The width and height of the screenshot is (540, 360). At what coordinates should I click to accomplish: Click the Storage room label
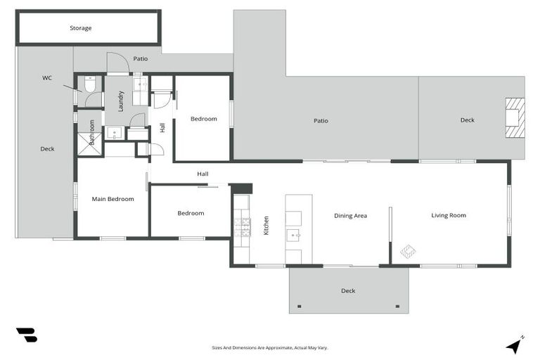(80, 28)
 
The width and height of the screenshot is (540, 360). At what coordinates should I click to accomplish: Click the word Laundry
(121, 101)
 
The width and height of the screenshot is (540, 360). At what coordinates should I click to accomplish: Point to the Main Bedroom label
(112, 199)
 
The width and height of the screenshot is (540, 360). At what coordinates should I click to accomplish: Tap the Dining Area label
(350, 215)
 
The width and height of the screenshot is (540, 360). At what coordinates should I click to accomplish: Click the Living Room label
(449, 215)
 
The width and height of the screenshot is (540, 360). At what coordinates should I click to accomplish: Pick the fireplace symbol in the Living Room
(407, 250)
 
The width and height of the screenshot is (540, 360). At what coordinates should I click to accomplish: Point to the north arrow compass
(515, 345)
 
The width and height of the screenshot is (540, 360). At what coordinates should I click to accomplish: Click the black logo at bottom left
(26, 335)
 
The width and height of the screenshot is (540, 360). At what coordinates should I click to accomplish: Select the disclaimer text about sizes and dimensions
(270, 347)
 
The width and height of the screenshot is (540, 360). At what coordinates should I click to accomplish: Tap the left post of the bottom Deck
(300, 306)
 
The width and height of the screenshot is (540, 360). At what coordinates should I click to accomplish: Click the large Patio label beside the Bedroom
(321, 121)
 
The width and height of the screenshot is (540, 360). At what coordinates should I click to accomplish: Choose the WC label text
(46, 78)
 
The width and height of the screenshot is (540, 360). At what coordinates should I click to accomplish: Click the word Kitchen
(266, 225)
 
